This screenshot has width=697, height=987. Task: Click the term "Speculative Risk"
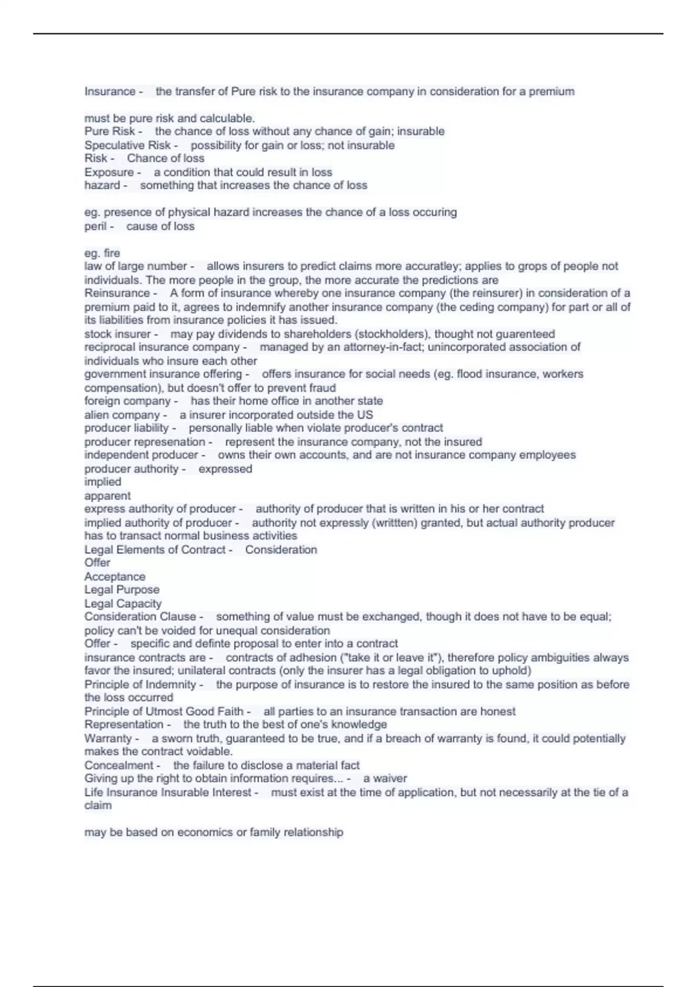coord(127,145)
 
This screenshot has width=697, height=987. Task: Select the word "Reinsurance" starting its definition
coord(117,293)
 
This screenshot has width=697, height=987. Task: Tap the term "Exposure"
coord(109,172)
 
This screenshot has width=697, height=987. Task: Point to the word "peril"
coord(95,226)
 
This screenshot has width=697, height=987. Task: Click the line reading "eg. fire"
coord(102,253)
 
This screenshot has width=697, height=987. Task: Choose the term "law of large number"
coord(135,266)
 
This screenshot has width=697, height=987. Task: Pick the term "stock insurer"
coord(117,334)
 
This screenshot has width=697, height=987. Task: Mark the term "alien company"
coord(121,415)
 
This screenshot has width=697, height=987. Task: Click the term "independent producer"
coord(141,455)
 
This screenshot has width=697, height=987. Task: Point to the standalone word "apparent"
coord(107,496)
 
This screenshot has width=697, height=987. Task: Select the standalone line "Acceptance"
coord(115,577)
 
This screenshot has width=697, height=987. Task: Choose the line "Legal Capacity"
coord(123,604)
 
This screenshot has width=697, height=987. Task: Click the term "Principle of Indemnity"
coord(140,685)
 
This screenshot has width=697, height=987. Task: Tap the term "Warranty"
coord(108,739)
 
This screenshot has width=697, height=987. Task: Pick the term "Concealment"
coord(118,765)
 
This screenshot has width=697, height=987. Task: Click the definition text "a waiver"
coord(385,779)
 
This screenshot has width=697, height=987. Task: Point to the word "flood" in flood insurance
coord(470,374)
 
